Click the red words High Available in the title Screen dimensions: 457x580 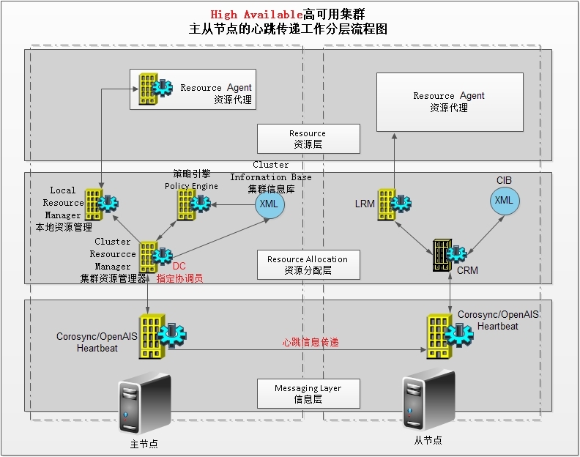pyautogui.click(x=256, y=14)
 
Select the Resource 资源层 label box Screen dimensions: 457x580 pyautogui.click(x=308, y=138)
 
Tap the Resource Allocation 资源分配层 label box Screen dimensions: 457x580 pyautogui.click(x=308, y=264)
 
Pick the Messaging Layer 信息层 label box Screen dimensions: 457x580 pyautogui.click(x=308, y=393)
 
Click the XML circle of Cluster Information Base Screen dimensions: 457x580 pyautogui.click(x=269, y=204)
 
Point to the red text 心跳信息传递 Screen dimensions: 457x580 pyautogui.click(x=311, y=342)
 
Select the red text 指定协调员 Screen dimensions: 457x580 pyautogui.click(x=179, y=278)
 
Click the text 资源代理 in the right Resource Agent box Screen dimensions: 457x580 pyautogui.click(x=448, y=108)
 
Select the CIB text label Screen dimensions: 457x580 pyautogui.click(x=504, y=180)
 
